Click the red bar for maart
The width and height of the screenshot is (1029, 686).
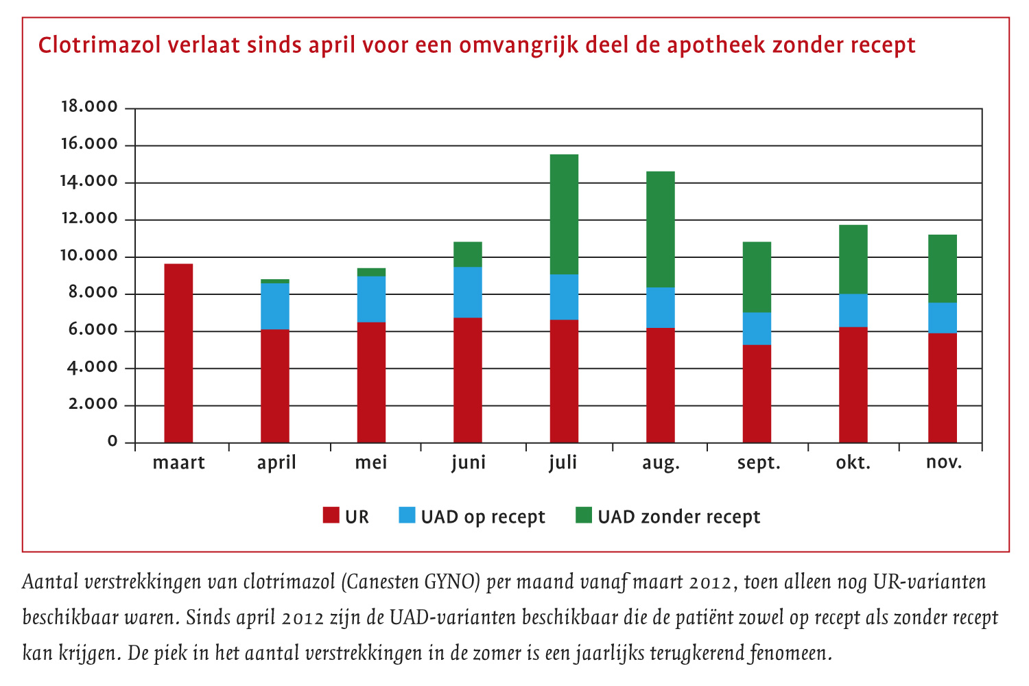(x=178, y=353)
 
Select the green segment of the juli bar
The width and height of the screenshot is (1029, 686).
(x=564, y=214)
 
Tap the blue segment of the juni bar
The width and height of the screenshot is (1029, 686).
(x=468, y=292)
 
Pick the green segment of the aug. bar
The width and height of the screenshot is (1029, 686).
(x=660, y=229)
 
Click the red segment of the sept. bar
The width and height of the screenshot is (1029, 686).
(x=757, y=394)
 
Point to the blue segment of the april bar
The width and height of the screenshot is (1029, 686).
(x=275, y=306)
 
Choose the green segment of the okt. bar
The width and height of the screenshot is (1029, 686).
(x=853, y=259)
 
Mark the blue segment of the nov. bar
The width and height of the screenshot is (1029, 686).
(x=942, y=318)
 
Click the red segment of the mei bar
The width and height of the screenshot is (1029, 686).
(x=371, y=382)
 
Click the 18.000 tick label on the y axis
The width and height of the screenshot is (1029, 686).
(x=89, y=107)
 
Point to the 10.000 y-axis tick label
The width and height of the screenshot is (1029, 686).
(x=89, y=256)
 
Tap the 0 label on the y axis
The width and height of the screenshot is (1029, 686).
(x=113, y=441)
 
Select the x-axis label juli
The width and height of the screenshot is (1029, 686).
(x=563, y=462)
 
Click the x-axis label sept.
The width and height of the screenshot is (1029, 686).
(x=759, y=463)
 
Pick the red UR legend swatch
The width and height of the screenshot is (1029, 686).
(x=331, y=515)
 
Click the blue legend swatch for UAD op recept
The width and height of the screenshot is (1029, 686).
(x=407, y=515)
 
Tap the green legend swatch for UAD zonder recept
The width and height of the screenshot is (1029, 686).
(x=584, y=515)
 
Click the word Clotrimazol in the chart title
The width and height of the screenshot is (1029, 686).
(x=99, y=45)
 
